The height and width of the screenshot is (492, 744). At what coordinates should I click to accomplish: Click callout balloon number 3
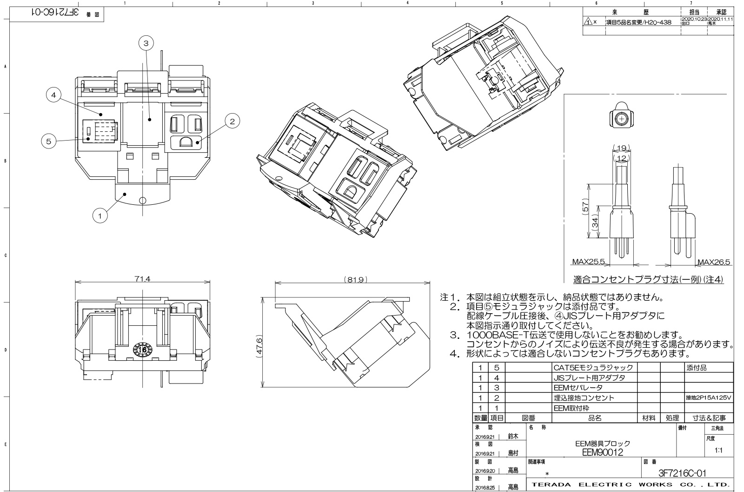click(146, 43)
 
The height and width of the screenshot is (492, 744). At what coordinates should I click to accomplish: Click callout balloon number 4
click(53, 95)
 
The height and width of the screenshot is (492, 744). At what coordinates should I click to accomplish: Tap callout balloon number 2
click(232, 121)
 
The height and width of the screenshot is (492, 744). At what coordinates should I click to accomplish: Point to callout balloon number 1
click(99, 215)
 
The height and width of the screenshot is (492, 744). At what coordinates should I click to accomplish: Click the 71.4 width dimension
click(143, 279)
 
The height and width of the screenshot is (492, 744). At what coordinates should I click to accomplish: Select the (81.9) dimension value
click(356, 280)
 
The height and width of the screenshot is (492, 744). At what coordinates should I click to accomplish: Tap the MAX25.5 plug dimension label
click(589, 262)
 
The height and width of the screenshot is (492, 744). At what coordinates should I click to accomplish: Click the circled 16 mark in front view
click(143, 349)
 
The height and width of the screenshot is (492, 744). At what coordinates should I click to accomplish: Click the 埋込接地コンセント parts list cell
click(584, 398)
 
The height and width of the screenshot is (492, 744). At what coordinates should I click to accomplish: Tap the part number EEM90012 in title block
click(602, 452)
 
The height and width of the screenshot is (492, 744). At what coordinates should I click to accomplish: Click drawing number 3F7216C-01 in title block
click(682, 473)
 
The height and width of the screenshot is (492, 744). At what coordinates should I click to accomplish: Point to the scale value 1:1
click(718, 451)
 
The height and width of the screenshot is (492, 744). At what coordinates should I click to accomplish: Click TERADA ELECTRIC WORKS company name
click(630, 485)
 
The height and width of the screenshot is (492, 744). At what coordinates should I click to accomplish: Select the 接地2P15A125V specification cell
click(709, 398)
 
